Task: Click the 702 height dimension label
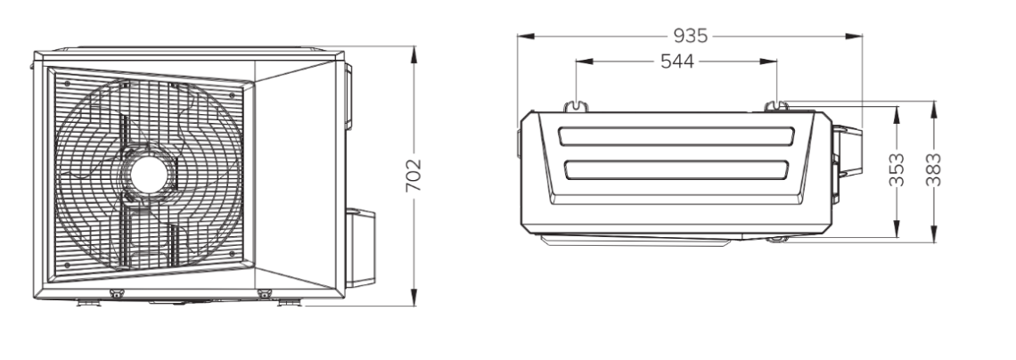pyautogui.click(x=414, y=175)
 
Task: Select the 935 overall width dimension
pyautogui.click(x=690, y=35)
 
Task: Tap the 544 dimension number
pyautogui.click(x=677, y=61)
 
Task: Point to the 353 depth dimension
pyautogui.click(x=897, y=169)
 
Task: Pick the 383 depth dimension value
pyautogui.click(x=934, y=169)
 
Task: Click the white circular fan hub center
pyautogui.click(x=150, y=174)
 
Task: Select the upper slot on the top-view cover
pyautogui.click(x=676, y=136)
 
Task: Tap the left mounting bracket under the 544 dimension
pyautogui.click(x=576, y=105)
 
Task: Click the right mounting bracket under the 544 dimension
pyautogui.click(x=776, y=105)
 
